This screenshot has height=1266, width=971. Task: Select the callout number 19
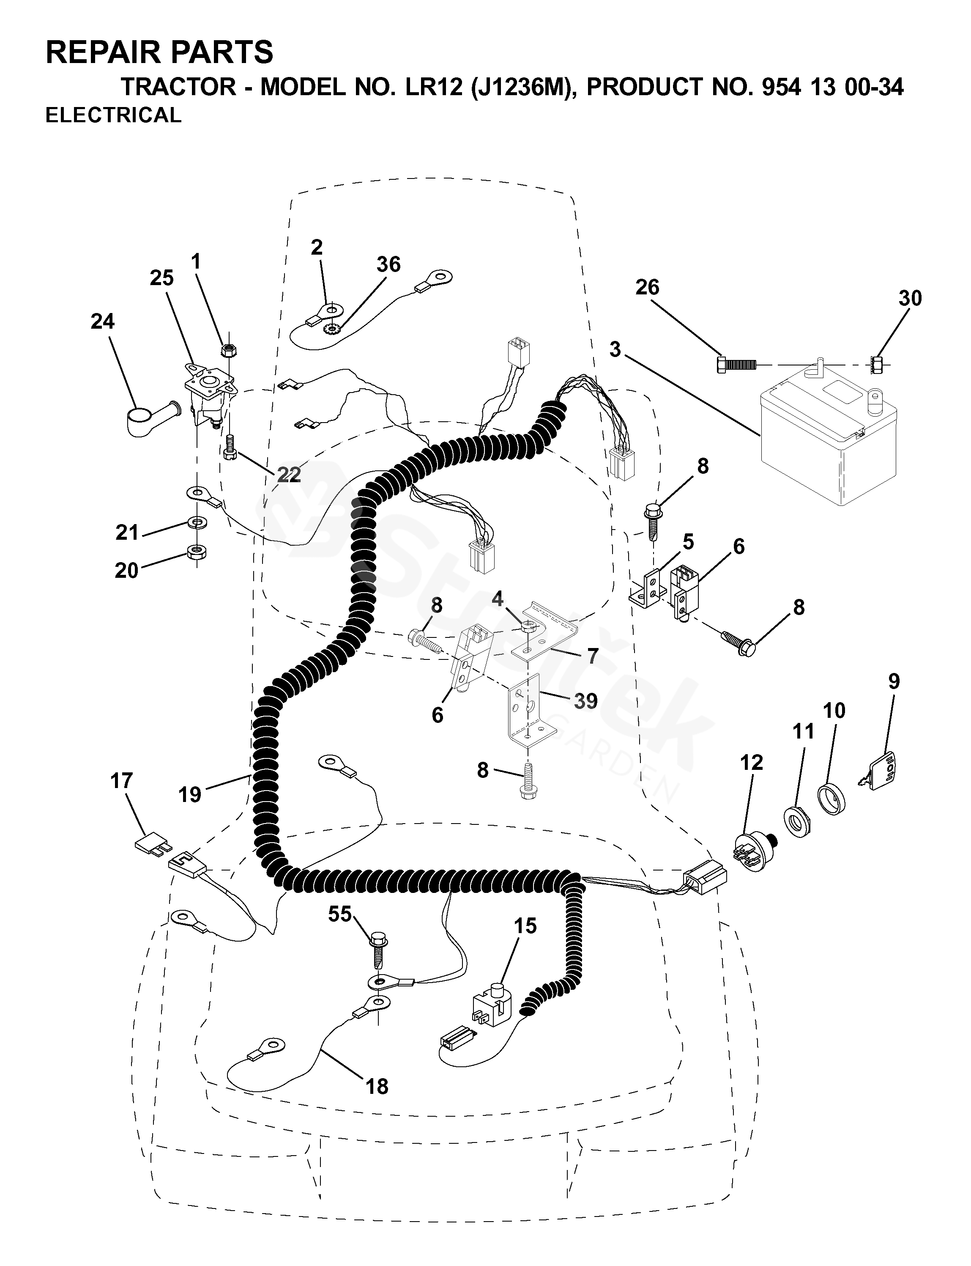click(189, 794)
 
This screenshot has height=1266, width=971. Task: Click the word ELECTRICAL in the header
click(113, 115)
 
